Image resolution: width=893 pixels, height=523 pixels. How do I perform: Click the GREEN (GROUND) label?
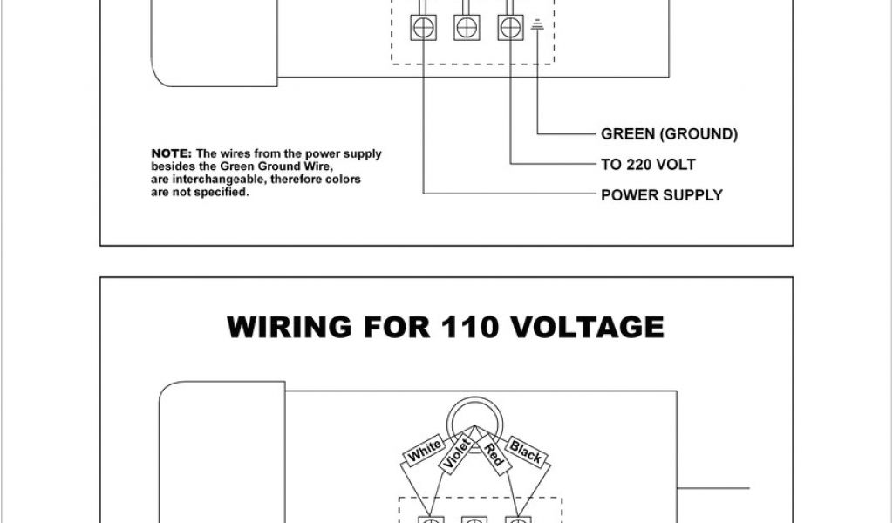coord(669,134)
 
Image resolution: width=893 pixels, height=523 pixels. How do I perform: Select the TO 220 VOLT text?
coord(648,165)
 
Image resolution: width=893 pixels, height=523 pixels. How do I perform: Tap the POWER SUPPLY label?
coord(662,195)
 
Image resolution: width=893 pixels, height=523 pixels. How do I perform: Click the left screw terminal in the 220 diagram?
coord(422,27)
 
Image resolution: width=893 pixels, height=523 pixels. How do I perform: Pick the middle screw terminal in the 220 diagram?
coord(466,27)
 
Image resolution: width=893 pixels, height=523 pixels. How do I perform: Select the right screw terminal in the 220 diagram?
coord(509,27)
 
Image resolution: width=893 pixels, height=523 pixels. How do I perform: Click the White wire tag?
coord(425,452)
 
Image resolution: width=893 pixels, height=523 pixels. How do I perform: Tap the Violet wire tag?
coord(458,454)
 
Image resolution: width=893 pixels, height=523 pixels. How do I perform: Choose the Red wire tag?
coord(494,453)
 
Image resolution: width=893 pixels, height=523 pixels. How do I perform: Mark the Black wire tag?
coord(526,452)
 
